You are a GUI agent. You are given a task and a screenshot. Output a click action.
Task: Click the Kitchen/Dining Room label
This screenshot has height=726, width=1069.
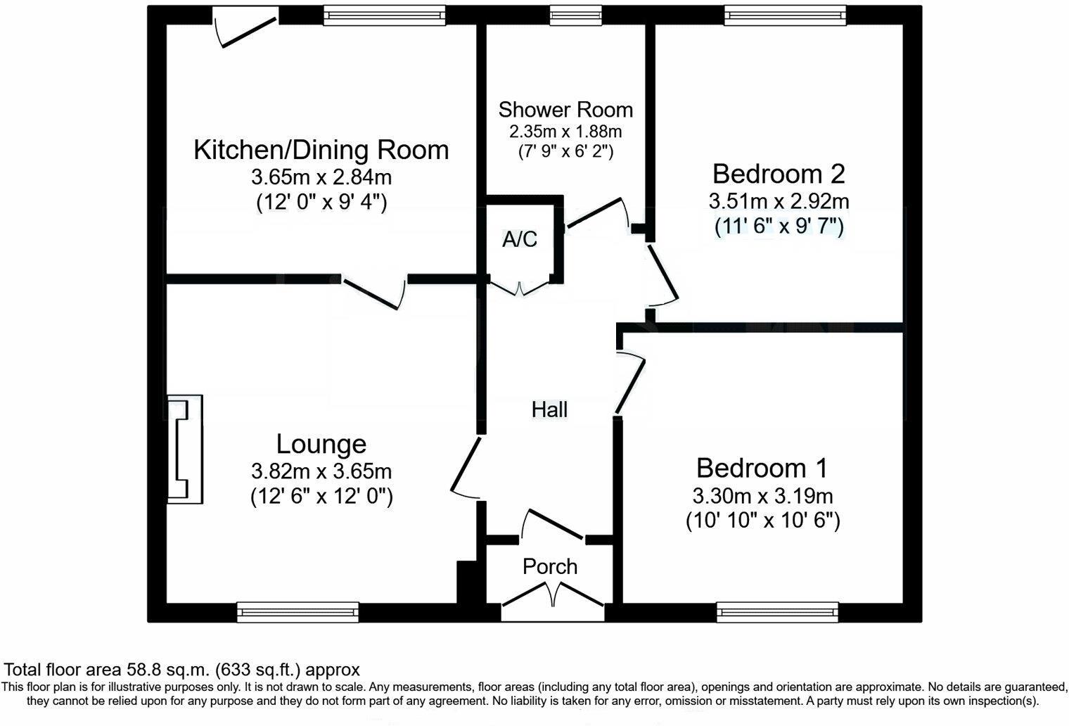[321, 150]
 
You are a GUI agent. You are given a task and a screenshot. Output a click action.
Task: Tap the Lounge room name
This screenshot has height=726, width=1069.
[321, 444]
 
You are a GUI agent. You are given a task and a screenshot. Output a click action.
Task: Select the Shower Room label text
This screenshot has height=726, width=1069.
[565, 110]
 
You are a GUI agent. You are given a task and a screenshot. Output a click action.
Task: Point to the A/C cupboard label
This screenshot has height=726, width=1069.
[520, 238]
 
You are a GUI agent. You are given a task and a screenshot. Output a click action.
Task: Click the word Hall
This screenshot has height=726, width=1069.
[550, 409]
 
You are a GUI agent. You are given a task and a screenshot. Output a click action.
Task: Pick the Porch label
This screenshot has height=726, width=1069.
[550, 566]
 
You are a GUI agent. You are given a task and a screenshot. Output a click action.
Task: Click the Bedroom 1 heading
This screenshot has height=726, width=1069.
[762, 468]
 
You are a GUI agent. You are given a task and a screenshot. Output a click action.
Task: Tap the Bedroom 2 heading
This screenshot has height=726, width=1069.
[779, 174]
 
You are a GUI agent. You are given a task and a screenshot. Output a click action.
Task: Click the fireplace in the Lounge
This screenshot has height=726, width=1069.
[185, 449]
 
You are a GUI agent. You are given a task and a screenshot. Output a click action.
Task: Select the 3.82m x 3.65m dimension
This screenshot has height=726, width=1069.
[321, 471]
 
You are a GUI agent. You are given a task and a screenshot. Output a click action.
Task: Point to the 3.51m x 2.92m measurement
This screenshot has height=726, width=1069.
[779, 201]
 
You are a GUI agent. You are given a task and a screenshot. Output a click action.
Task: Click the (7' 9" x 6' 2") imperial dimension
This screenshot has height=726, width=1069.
[566, 152]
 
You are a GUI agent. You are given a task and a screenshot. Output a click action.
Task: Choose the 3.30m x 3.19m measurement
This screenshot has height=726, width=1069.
[762, 496]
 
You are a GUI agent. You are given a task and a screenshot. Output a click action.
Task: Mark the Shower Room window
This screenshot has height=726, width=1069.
[575, 15]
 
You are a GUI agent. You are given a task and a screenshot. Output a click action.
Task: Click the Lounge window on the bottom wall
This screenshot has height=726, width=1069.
[297, 613]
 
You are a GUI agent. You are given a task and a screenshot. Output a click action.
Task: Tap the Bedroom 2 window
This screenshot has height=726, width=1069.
[786, 15]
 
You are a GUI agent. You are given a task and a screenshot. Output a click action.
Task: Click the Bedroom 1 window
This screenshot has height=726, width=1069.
[777, 613]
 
